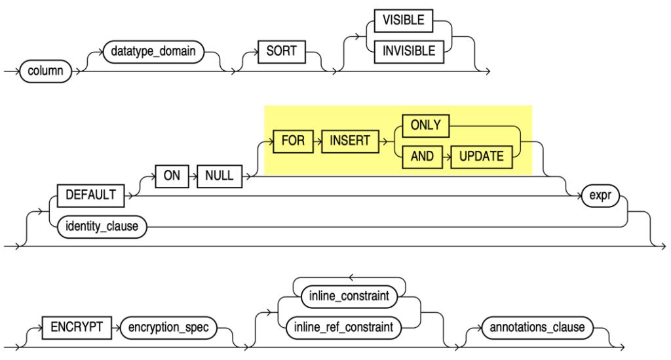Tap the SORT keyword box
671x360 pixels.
282,50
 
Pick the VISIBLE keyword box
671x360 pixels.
404,20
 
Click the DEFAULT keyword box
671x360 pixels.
91,195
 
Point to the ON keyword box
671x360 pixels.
172,176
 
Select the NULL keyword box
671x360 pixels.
220,176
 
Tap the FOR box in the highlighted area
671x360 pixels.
293,141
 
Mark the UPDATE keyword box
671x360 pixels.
481,157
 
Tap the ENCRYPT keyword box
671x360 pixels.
73,327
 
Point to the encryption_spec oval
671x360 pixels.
169,327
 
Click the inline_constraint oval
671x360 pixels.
349,296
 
